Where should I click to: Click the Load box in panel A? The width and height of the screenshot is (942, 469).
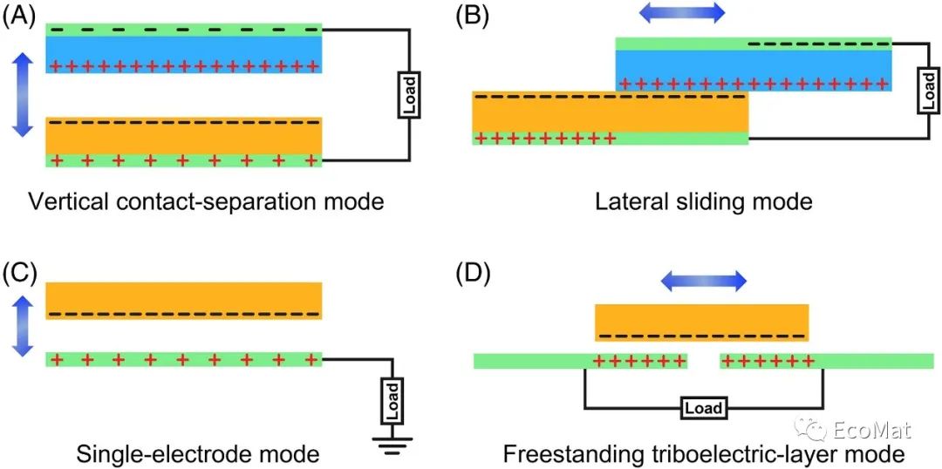408,96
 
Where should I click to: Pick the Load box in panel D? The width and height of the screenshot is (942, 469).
703,407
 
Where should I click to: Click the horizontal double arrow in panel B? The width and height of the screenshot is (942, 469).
681,12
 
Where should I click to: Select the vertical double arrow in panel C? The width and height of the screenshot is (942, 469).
24,326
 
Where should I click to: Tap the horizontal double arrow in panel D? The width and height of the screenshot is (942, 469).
702,280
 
